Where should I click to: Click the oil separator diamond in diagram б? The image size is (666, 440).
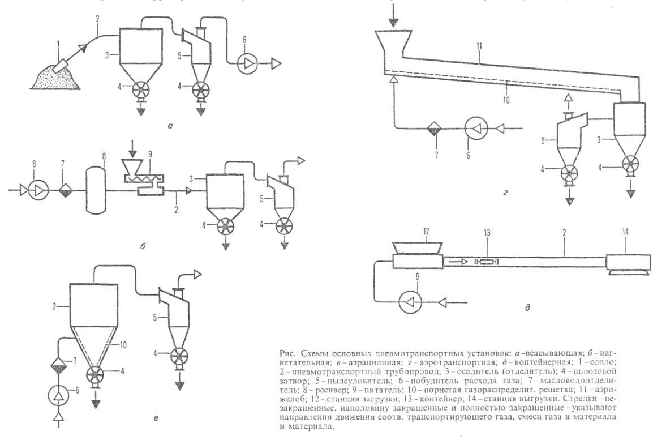63,190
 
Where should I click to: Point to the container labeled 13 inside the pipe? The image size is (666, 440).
485,260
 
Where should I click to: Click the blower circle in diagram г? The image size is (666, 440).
475,129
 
